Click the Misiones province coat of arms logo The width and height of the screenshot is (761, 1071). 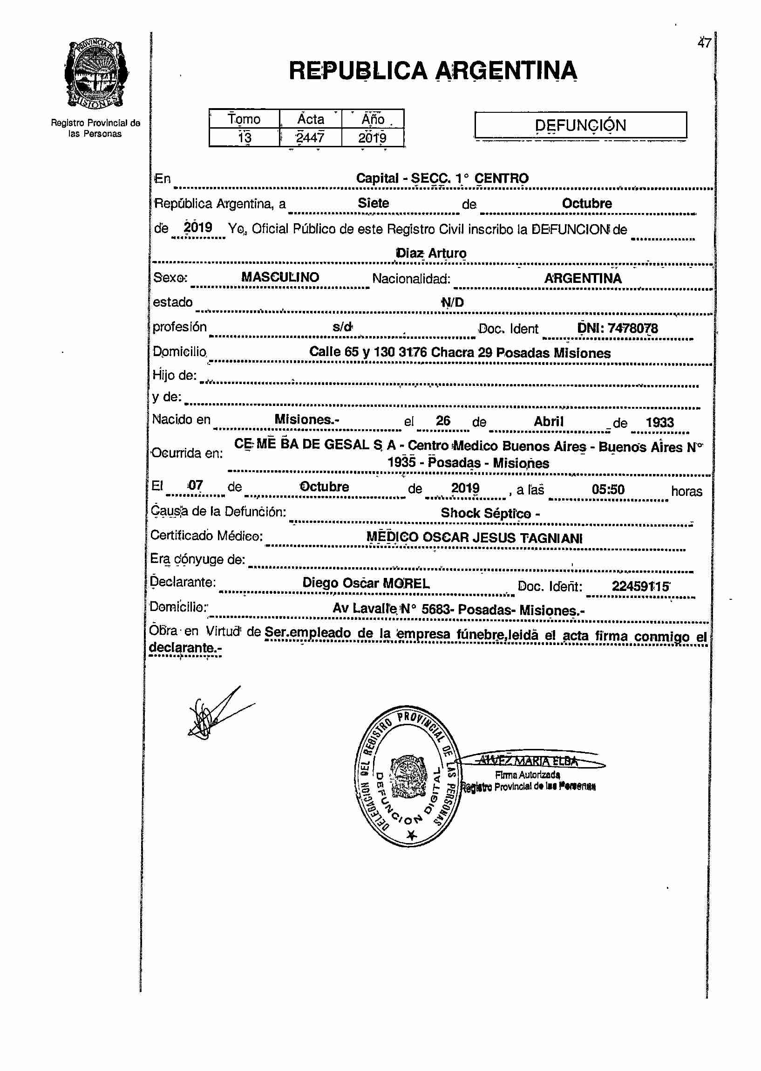[x=96, y=74]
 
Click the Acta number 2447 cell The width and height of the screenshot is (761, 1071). [x=310, y=137]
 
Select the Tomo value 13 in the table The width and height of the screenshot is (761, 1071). [x=244, y=137]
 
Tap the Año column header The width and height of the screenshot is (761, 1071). [x=373, y=119]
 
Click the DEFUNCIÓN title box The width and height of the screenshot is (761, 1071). [x=580, y=125]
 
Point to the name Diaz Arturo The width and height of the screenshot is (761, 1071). [x=431, y=253]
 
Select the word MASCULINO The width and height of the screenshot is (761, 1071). [x=280, y=277]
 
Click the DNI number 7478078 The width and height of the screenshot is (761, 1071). [x=632, y=328]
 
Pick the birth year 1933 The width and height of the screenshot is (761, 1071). [x=659, y=422]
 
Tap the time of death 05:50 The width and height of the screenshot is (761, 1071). [x=608, y=489]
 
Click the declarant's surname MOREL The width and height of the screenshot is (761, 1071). [x=406, y=584]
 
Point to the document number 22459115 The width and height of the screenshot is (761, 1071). [x=640, y=586]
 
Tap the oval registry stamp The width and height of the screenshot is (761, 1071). [x=408, y=776]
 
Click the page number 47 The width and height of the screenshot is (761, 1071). [x=704, y=43]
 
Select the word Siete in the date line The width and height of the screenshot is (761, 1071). [x=373, y=203]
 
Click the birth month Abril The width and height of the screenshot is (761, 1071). [x=548, y=421]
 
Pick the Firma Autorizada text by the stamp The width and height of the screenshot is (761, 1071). [x=527, y=775]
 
